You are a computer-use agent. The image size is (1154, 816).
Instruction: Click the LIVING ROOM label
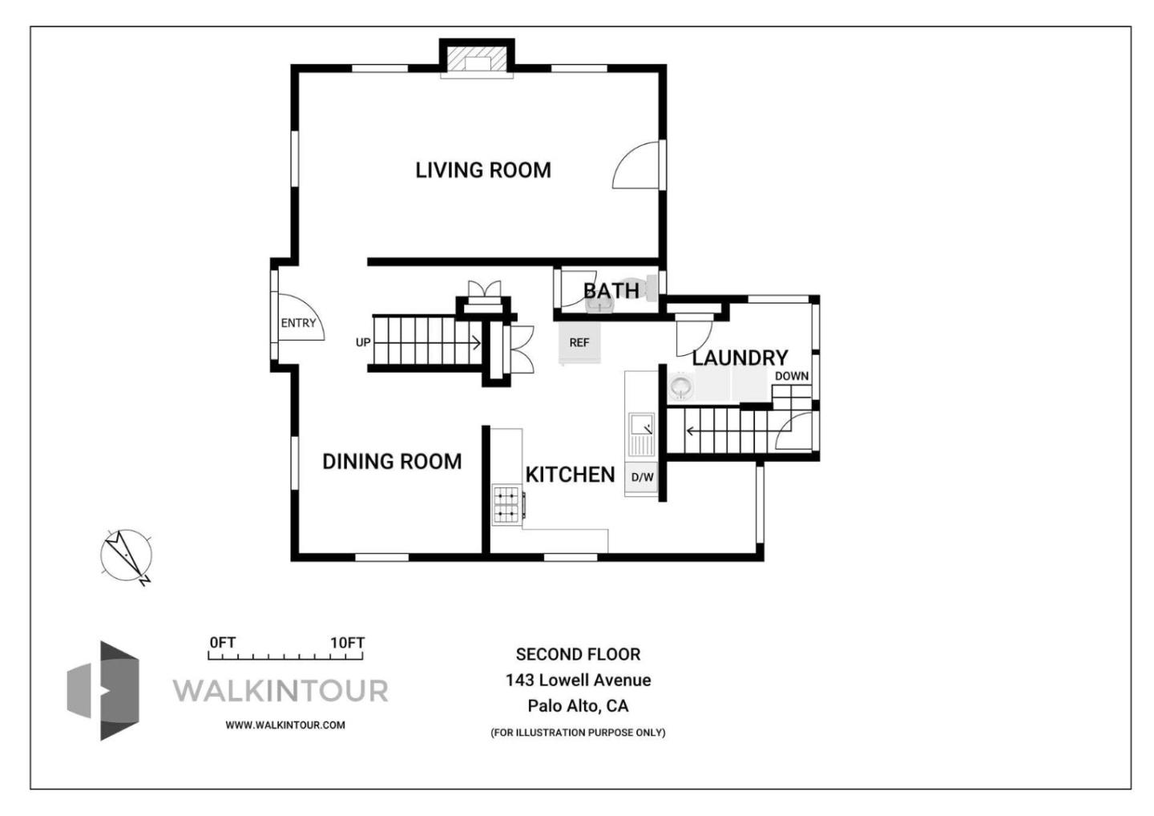pos(483,170)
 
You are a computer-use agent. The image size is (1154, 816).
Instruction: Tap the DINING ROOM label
pos(392,461)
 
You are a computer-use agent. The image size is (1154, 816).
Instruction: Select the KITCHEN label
pos(571,475)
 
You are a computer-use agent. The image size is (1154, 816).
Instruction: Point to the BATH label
pos(611,291)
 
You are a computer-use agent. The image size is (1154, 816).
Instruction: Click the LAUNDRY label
pos(740,358)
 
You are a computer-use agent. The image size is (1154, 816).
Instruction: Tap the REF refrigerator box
pos(579,342)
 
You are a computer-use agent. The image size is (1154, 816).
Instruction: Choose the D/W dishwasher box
pos(642,478)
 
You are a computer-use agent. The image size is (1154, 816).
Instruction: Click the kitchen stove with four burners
pos(506,504)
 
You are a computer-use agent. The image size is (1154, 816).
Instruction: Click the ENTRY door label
pos(298,323)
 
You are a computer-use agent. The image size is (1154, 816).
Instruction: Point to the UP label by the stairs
pos(363,342)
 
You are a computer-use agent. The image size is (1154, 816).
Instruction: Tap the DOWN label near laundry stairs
pos(792,376)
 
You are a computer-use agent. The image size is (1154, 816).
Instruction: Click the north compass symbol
pos(127,556)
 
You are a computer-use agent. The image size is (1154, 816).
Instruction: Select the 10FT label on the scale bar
pos(347,642)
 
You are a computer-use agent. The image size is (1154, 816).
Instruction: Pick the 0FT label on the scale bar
pos(223,642)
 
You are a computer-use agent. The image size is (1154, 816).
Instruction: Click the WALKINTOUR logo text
pos(280,691)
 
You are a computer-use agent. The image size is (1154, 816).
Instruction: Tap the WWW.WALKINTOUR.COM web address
pos(285,725)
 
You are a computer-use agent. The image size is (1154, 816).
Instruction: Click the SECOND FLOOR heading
pos(578,654)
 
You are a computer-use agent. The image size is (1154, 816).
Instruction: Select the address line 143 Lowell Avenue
pos(578,680)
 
